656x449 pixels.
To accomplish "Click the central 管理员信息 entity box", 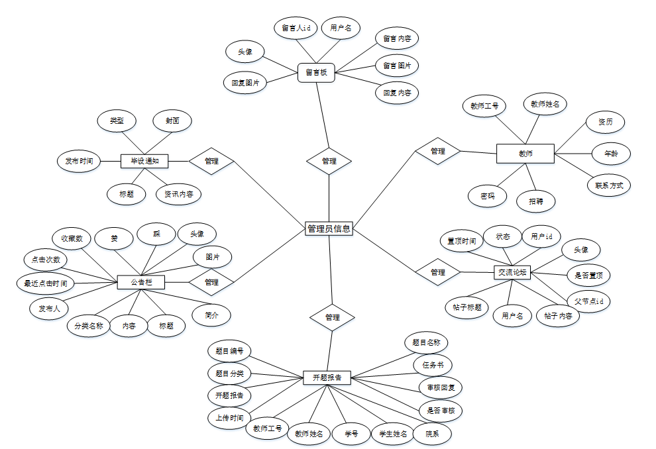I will click(329, 228).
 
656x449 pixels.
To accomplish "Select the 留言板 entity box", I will click(316, 72).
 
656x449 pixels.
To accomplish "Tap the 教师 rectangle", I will click(525, 154).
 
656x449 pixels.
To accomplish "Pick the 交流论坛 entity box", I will click(514, 272).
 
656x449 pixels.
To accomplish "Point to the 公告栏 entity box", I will click(140, 282).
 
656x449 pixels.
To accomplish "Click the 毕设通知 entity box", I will click(144, 160).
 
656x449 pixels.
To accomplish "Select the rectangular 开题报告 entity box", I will click(327, 377).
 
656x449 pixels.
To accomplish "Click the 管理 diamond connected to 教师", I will click(437, 151).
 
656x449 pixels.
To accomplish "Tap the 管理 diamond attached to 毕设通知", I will click(211, 160).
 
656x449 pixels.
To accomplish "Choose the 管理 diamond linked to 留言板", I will click(329, 161).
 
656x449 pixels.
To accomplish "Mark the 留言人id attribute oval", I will click(296, 28).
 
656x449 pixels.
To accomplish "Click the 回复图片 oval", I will click(245, 83).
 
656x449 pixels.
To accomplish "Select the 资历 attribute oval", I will click(605, 123).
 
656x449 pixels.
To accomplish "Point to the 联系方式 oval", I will click(609, 185).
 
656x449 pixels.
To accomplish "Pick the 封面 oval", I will click(172, 121).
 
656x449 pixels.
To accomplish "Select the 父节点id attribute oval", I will click(588, 301).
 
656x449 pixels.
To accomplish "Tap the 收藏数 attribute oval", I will click(72, 238).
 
